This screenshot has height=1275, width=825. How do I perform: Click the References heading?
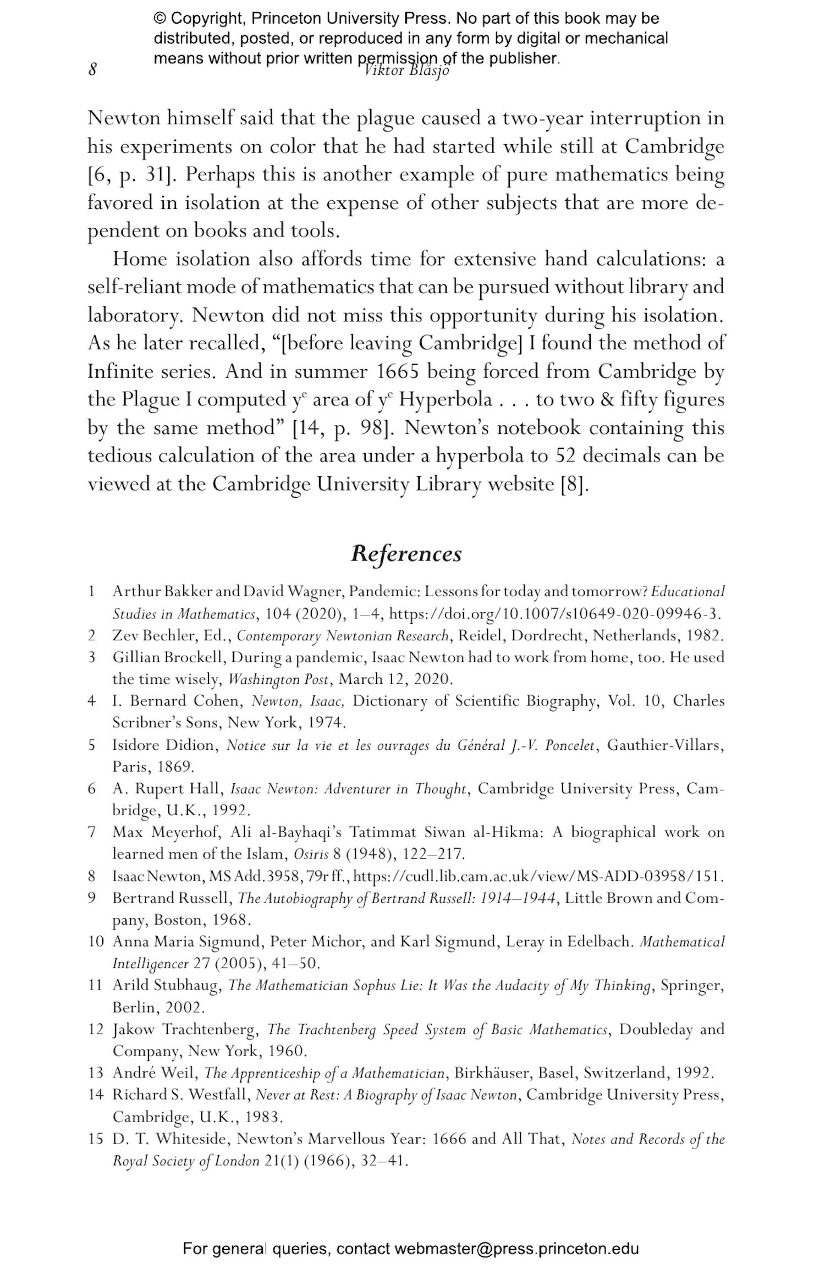pyautogui.click(x=406, y=553)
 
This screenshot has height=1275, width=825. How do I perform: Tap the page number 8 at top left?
pyautogui.click(x=92, y=70)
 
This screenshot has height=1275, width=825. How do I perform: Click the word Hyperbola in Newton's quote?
pyautogui.click(x=446, y=399)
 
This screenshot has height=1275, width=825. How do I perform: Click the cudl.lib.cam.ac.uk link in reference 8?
pyautogui.click(x=538, y=876)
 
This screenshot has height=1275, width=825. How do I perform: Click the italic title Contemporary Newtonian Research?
pyautogui.click(x=343, y=636)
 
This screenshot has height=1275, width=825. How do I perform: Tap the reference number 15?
pyautogui.click(x=96, y=1139)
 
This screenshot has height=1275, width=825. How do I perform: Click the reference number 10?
pyautogui.click(x=96, y=941)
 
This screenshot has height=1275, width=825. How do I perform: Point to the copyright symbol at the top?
pyautogui.click(x=160, y=19)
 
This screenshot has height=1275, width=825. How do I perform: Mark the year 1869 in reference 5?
pyautogui.click(x=174, y=766)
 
